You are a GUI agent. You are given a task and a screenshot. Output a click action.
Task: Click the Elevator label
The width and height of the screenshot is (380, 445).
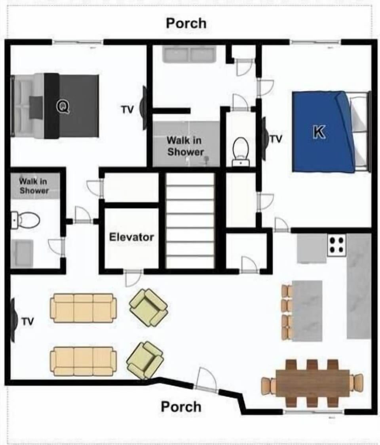pyautogui.click(x=131, y=237)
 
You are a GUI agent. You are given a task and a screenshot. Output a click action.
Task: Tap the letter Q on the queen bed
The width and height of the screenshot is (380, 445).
pyautogui.click(x=63, y=106)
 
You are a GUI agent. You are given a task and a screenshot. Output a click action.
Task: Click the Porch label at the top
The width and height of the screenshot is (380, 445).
pyautogui.click(x=186, y=23)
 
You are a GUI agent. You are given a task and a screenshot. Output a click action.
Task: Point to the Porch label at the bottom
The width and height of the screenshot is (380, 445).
pyautogui.click(x=181, y=407)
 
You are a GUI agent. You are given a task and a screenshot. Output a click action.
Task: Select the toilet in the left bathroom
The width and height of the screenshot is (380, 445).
pyautogui.click(x=26, y=220)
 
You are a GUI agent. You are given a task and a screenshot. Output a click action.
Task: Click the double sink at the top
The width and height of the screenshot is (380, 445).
pyautogui.click(x=189, y=54)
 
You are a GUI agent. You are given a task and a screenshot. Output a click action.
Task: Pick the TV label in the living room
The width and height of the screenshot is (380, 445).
pyautogui.click(x=28, y=321)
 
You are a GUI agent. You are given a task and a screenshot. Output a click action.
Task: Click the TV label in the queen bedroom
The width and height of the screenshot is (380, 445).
pyautogui.click(x=127, y=110)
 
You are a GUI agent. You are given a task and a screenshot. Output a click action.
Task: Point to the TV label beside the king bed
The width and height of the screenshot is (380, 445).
pyautogui.click(x=276, y=139)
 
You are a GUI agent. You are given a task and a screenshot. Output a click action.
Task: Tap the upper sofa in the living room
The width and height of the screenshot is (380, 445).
pyautogui.click(x=83, y=308)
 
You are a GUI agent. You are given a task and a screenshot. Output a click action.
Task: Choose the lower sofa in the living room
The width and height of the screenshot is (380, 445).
pyautogui.click(x=83, y=361)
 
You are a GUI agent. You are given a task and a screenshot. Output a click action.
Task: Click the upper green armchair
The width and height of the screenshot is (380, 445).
pyautogui.click(x=148, y=308)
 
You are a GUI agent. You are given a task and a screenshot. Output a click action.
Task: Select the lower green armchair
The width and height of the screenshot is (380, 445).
pyautogui.click(x=145, y=360)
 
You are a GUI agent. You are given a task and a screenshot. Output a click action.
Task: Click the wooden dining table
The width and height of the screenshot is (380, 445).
pyautogui.click(x=312, y=383)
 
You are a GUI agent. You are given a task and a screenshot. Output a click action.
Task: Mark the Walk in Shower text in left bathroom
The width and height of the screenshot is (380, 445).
pyautogui.click(x=34, y=186)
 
